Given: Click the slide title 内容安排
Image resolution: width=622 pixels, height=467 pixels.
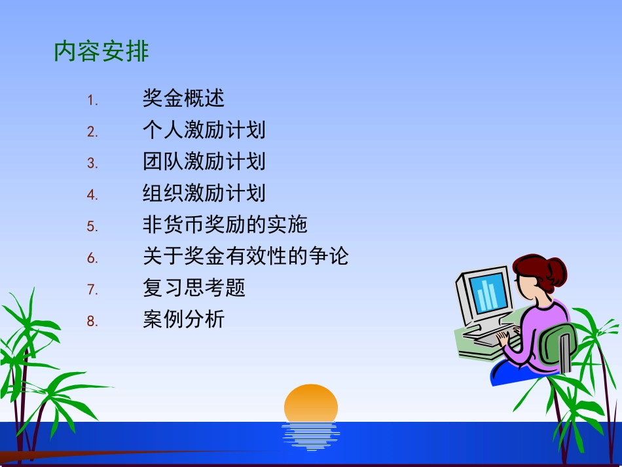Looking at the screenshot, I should pos(101,52).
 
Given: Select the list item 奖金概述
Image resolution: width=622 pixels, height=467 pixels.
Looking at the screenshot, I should pos(183,98).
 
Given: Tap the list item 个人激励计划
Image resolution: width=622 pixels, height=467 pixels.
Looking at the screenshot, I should pos(204,130).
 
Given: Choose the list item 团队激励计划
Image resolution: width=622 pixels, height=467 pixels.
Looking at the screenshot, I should pos(204,161).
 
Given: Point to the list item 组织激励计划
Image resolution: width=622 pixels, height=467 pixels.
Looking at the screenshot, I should pos(204,193).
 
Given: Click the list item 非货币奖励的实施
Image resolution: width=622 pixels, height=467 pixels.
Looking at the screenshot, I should pos(225,225).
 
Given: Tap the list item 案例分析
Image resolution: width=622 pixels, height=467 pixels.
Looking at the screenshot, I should pos(183,320).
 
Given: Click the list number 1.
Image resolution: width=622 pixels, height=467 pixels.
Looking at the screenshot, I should pos(92,101).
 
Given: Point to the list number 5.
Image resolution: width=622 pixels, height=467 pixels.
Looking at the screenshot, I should pos(92,227).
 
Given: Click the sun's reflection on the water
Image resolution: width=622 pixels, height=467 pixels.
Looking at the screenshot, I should pos(311,436).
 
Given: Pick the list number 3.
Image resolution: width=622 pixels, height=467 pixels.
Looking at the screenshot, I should pos(92,164).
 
